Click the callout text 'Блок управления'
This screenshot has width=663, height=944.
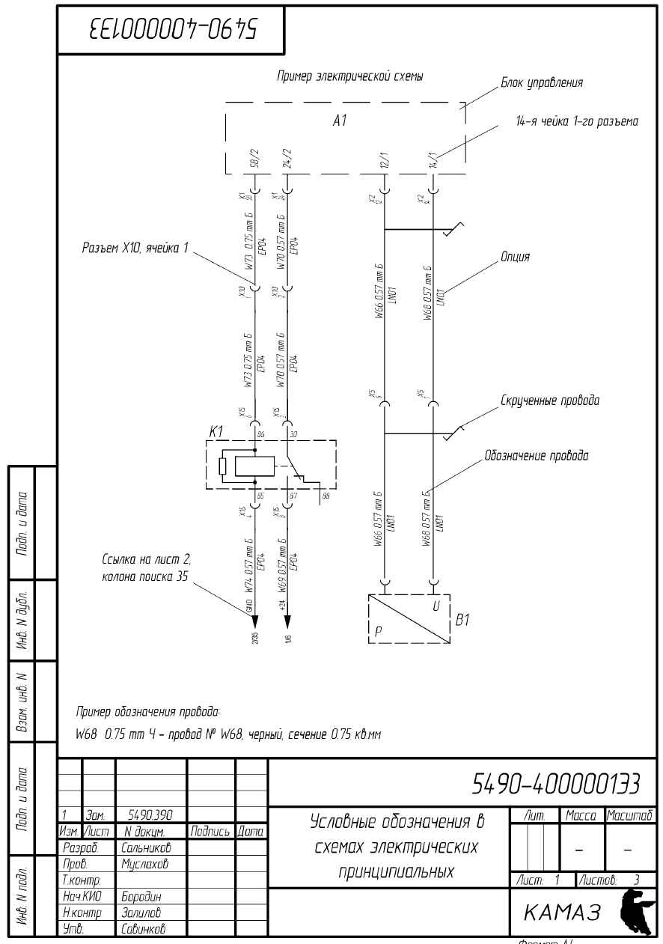[x=541, y=83]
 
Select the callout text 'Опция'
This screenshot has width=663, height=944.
[x=515, y=258]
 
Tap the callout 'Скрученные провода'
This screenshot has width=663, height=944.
[x=550, y=401]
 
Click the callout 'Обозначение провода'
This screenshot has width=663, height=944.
[x=536, y=455]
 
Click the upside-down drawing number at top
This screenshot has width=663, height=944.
[x=173, y=30]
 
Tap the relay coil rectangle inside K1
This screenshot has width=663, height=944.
[x=255, y=466]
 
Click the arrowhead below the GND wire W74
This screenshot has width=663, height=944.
[x=255, y=621]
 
